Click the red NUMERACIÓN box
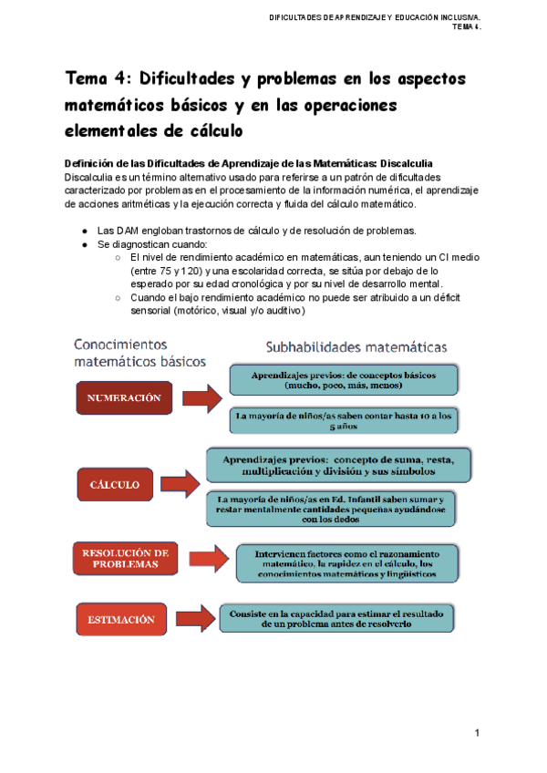[123, 398]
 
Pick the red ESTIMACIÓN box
[121, 620]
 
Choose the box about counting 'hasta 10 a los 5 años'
[344, 419]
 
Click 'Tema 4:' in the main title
[99, 78]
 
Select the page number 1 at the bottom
[477, 734]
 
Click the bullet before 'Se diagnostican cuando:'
[84, 245]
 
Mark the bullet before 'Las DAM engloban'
[84, 232]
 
